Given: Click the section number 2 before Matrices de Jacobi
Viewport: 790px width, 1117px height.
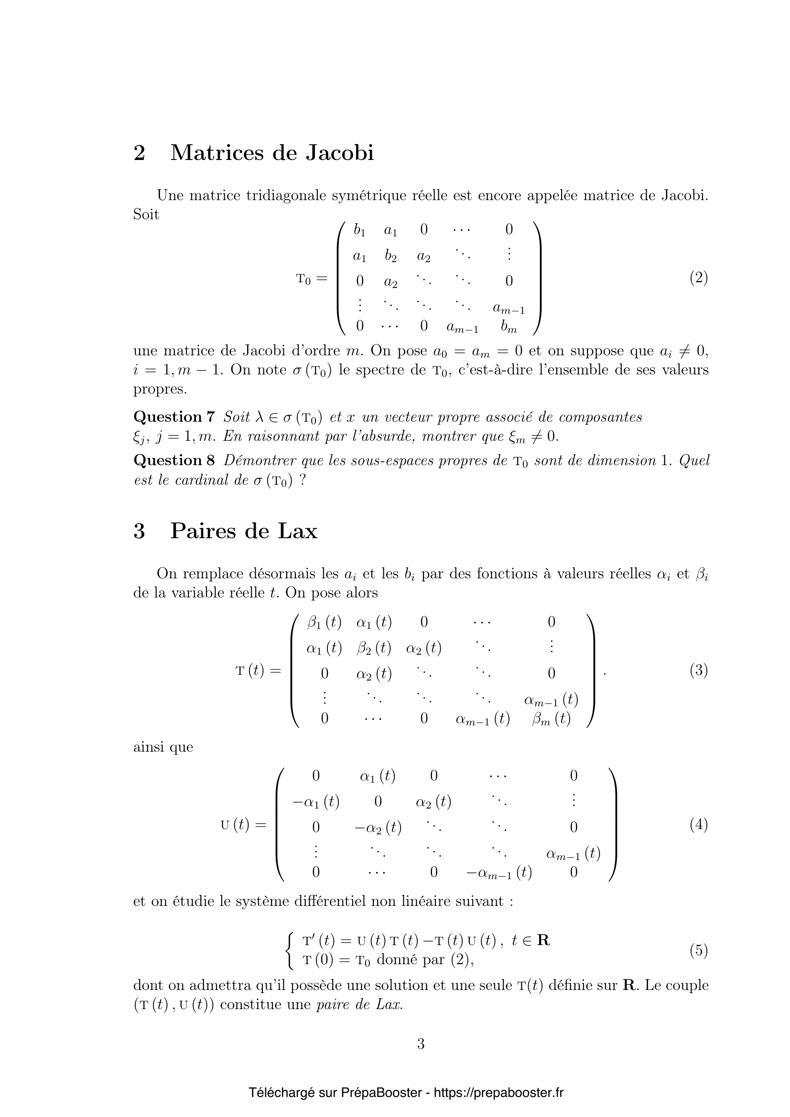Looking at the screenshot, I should point(139,153).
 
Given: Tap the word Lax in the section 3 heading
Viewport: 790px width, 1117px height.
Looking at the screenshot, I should point(297,531).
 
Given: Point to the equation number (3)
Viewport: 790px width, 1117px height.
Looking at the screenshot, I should point(699,671).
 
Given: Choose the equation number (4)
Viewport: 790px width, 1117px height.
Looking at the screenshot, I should point(699,825).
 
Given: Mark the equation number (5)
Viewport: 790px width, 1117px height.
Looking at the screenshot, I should point(699,950).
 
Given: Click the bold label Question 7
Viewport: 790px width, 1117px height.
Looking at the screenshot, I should point(174,417).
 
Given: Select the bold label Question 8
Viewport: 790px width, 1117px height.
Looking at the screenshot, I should point(174,460).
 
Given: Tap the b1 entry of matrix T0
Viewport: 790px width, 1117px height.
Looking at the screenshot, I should point(360,230).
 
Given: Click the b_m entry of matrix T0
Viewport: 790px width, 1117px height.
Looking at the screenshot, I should point(509,327).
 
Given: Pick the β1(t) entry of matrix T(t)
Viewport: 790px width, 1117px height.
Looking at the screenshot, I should point(324,622).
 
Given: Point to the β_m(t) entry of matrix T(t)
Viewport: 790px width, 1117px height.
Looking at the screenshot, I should point(551,719).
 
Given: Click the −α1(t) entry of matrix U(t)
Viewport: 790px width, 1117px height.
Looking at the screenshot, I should point(315,801).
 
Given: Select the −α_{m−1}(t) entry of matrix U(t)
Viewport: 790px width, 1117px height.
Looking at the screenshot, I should point(499,873).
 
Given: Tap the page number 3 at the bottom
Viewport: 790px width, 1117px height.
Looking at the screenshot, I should point(421,1043).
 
